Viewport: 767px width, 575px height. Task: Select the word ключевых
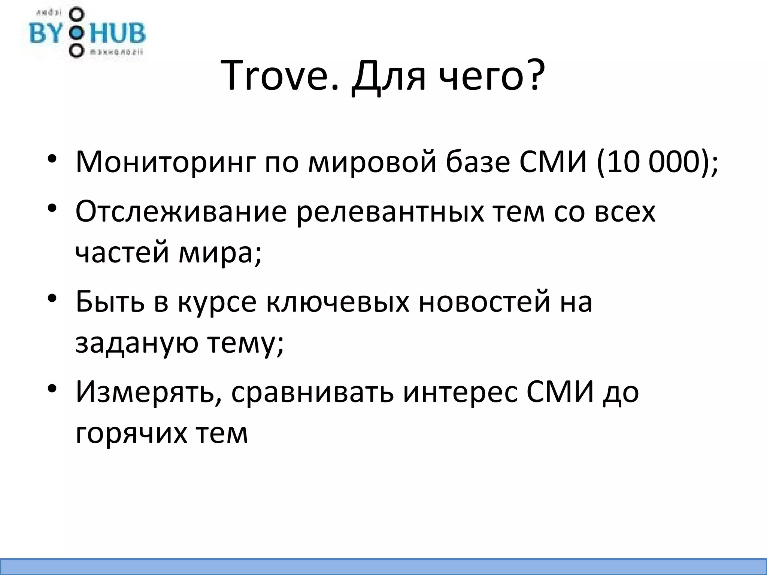(337, 302)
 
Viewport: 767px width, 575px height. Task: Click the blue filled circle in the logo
(76, 33)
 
